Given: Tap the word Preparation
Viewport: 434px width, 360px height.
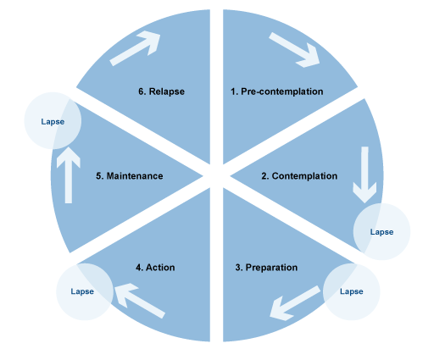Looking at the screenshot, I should [272, 268].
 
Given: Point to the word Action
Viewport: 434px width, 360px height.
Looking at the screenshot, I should [160, 268].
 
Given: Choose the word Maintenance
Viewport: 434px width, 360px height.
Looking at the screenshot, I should [134, 176].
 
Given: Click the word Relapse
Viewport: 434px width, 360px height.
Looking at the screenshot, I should [166, 91].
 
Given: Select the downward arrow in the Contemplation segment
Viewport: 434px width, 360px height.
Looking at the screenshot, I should [365, 174].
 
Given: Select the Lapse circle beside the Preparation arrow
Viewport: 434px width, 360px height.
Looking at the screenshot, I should [351, 291].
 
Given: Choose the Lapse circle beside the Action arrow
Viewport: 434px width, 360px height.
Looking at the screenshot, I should [82, 291].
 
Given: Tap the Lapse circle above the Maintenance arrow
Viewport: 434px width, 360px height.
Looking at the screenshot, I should [53, 121].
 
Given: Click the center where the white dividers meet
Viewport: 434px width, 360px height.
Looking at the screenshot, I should [216, 174].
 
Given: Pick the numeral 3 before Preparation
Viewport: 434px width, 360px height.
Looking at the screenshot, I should [238, 268].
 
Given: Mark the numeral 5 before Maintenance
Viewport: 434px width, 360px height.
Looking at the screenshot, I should [100, 176].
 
